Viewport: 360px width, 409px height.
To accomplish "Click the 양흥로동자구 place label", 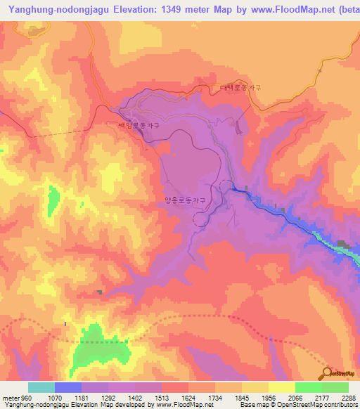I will pos(185,200).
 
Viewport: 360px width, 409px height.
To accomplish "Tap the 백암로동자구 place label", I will pos(139,125).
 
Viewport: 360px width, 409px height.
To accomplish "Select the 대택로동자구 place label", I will pos(240,88).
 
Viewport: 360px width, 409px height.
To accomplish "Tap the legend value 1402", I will pos(135,397).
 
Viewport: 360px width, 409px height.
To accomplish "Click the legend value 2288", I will pos(347,397).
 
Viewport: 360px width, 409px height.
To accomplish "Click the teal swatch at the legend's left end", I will pos(41,387).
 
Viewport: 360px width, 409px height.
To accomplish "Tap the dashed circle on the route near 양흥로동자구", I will pos(226,187).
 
